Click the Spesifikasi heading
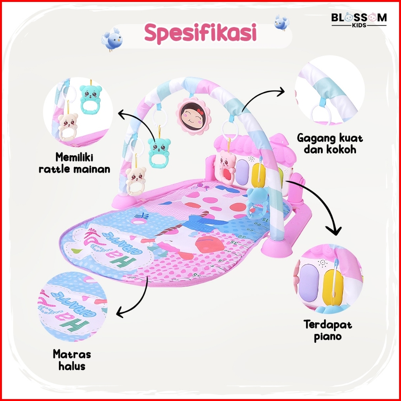point(200,34)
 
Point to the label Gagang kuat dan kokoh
point(330,143)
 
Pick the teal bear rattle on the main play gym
point(159,149)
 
